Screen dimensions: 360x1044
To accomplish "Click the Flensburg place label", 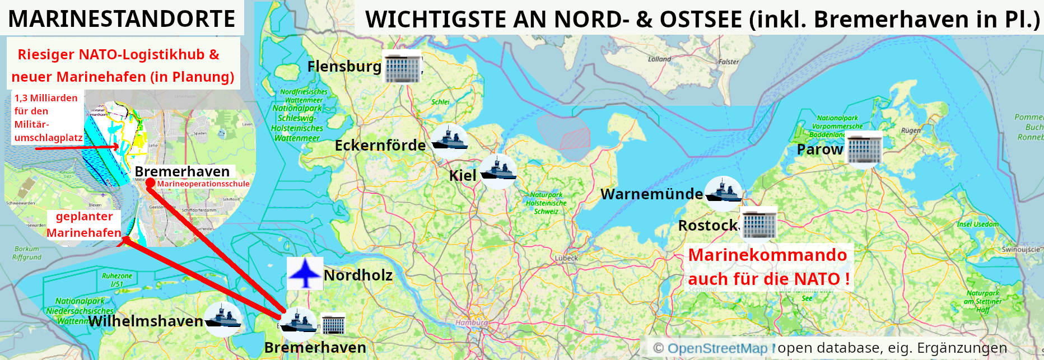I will (344, 67).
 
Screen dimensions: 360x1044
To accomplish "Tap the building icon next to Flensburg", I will (402, 68).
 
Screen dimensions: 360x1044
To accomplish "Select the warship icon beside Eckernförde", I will (449, 138).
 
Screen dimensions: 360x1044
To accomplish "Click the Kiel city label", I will (463, 176).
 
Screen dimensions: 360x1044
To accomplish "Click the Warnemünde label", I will (651, 194).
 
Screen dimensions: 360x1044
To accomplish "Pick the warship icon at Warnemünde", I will (723, 192).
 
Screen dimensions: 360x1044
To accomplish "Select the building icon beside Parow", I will (864, 149).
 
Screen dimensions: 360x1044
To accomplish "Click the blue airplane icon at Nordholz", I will (304, 273).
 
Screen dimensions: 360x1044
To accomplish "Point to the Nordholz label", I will (358, 275).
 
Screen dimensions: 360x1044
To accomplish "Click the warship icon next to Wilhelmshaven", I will (223, 319).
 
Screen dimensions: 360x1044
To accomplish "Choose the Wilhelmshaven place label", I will (146, 321).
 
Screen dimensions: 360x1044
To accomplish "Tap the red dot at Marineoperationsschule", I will (150, 183).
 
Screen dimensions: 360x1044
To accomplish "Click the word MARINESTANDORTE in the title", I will (122, 19).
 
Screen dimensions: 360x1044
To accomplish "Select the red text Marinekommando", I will (767, 255).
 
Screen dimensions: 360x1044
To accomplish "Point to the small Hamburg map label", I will (472, 323).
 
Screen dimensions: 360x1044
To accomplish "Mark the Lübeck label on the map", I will (566, 258).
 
